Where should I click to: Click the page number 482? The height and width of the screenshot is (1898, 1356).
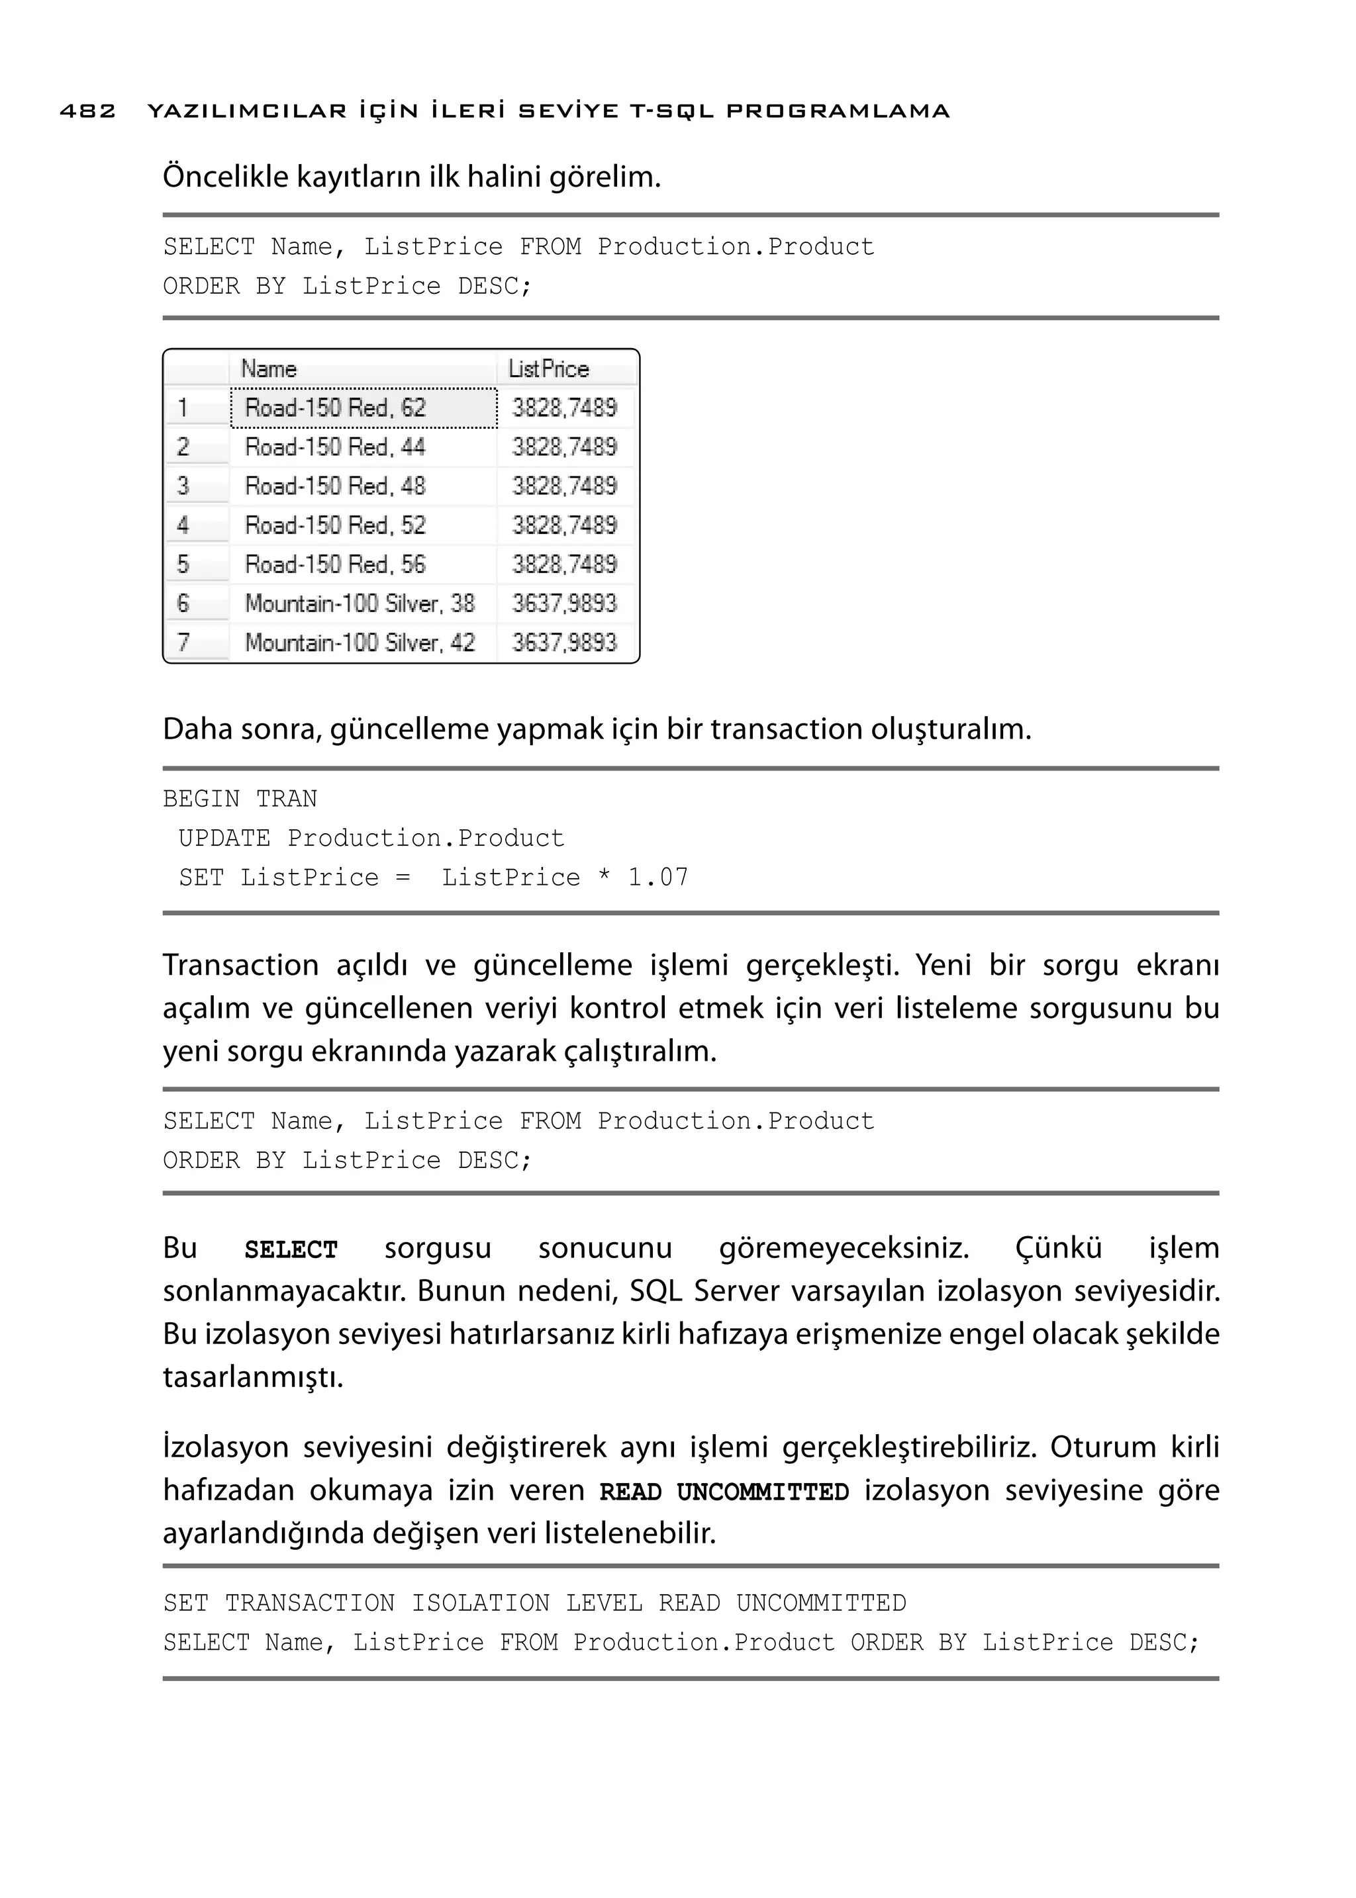[87, 111]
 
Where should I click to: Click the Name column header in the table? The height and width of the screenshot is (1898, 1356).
[269, 369]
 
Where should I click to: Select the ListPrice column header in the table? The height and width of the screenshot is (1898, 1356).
[549, 369]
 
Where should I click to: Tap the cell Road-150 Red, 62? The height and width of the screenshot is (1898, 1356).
[336, 408]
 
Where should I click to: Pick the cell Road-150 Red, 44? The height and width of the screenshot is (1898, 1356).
[336, 447]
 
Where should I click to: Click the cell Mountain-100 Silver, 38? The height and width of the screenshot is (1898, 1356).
[360, 604]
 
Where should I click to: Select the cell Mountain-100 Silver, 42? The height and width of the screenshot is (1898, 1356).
[360, 643]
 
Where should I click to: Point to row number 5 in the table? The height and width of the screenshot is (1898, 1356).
[183, 565]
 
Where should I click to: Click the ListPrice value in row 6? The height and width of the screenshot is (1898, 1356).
[564, 604]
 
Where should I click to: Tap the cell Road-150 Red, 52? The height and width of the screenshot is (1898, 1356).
[336, 525]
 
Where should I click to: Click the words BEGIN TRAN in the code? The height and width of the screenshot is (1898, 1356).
[240, 799]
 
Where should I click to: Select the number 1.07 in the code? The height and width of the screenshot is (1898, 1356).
[658, 878]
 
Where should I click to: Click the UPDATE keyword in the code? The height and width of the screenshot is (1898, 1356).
[224, 838]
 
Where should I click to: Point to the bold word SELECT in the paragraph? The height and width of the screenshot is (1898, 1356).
[291, 1250]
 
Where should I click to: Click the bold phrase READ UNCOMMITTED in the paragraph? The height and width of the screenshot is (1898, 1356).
[724, 1492]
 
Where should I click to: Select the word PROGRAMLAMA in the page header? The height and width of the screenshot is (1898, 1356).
[838, 111]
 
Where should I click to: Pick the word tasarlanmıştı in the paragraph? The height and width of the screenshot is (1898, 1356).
[253, 1377]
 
